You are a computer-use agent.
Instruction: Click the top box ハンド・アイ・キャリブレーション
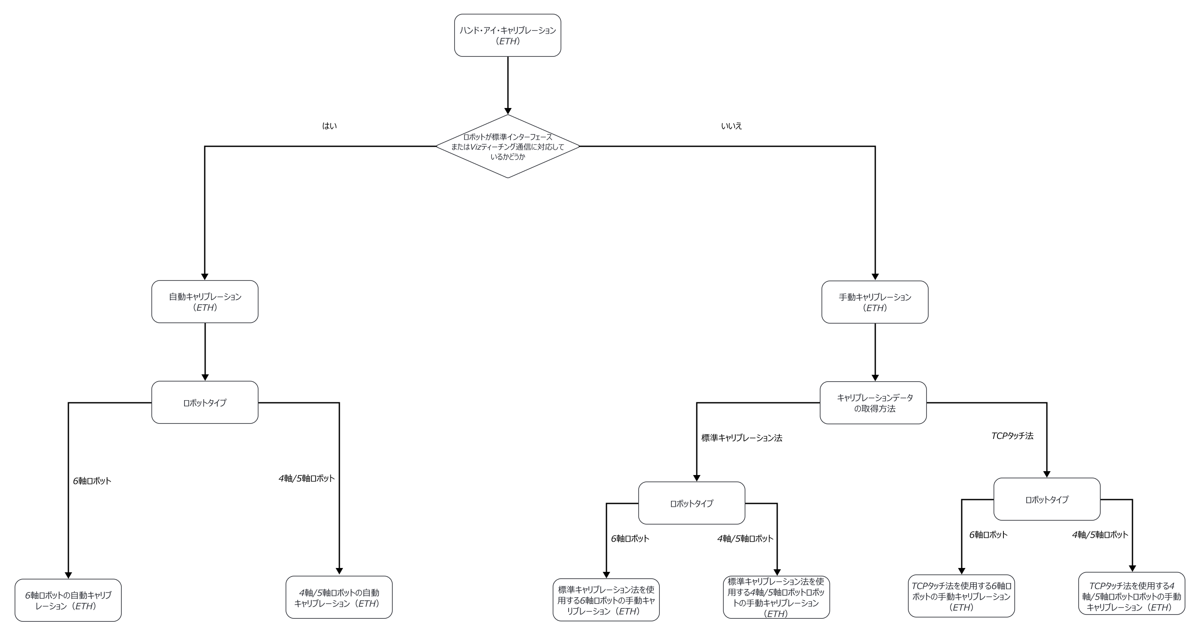pyautogui.click(x=507, y=35)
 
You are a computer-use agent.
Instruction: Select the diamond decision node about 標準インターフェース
pyautogui.click(x=507, y=146)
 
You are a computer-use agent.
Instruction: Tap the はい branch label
pyautogui.click(x=329, y=126)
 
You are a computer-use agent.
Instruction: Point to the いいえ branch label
pyautogui.click(x=731, y=126)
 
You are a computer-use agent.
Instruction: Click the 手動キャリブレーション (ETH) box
pyautogui.click(x=874, y=302)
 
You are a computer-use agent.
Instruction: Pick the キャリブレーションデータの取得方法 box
pyautogui.click(x=873, y=402)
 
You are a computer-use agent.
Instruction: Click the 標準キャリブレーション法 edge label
pyautogui.click(x=742, y=438)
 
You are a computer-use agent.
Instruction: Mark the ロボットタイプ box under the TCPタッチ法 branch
pyautogui.click(x=1047, y=499)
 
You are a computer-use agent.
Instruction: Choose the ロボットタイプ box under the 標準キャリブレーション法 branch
pyautogui.click(x=691, y=503)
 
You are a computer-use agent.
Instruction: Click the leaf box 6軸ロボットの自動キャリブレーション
pyautogui.click(x=68, y=600)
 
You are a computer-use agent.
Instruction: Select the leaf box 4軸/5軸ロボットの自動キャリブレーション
pyautogui.click(x=338, y=597)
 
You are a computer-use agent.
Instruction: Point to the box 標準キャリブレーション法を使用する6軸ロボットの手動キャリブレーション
pyautogui.click(x=606, y=600)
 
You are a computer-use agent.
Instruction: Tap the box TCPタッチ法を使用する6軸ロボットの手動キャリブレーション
pyautogui.click(x=961, y=596)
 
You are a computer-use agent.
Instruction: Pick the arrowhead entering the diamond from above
pyautogui.click(x=507, y=111)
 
